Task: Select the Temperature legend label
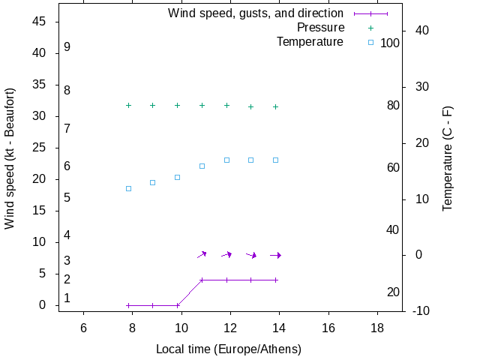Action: [x=310, y=42]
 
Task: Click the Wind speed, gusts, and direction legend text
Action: [x=256, y=13]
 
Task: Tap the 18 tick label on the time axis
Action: [x=376, y=328]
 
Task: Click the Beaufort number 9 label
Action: [x=67, y=47]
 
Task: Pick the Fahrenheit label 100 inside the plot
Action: [x=390, y=43]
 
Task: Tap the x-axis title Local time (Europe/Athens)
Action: [x=229, y=349]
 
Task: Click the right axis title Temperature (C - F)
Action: [x=448, y=158]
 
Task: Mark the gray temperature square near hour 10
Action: [x=178, y=178]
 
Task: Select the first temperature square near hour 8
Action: [x=129, y=188]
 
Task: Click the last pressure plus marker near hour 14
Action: [x=276, y=106]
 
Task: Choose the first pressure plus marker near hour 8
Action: [x=129, y=106]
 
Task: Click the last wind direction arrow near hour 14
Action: [x=275, y=255]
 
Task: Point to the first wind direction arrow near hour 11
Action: [x=202, y=255]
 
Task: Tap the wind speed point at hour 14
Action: [x=276, y=280]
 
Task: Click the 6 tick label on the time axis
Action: [x=83, y=328]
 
